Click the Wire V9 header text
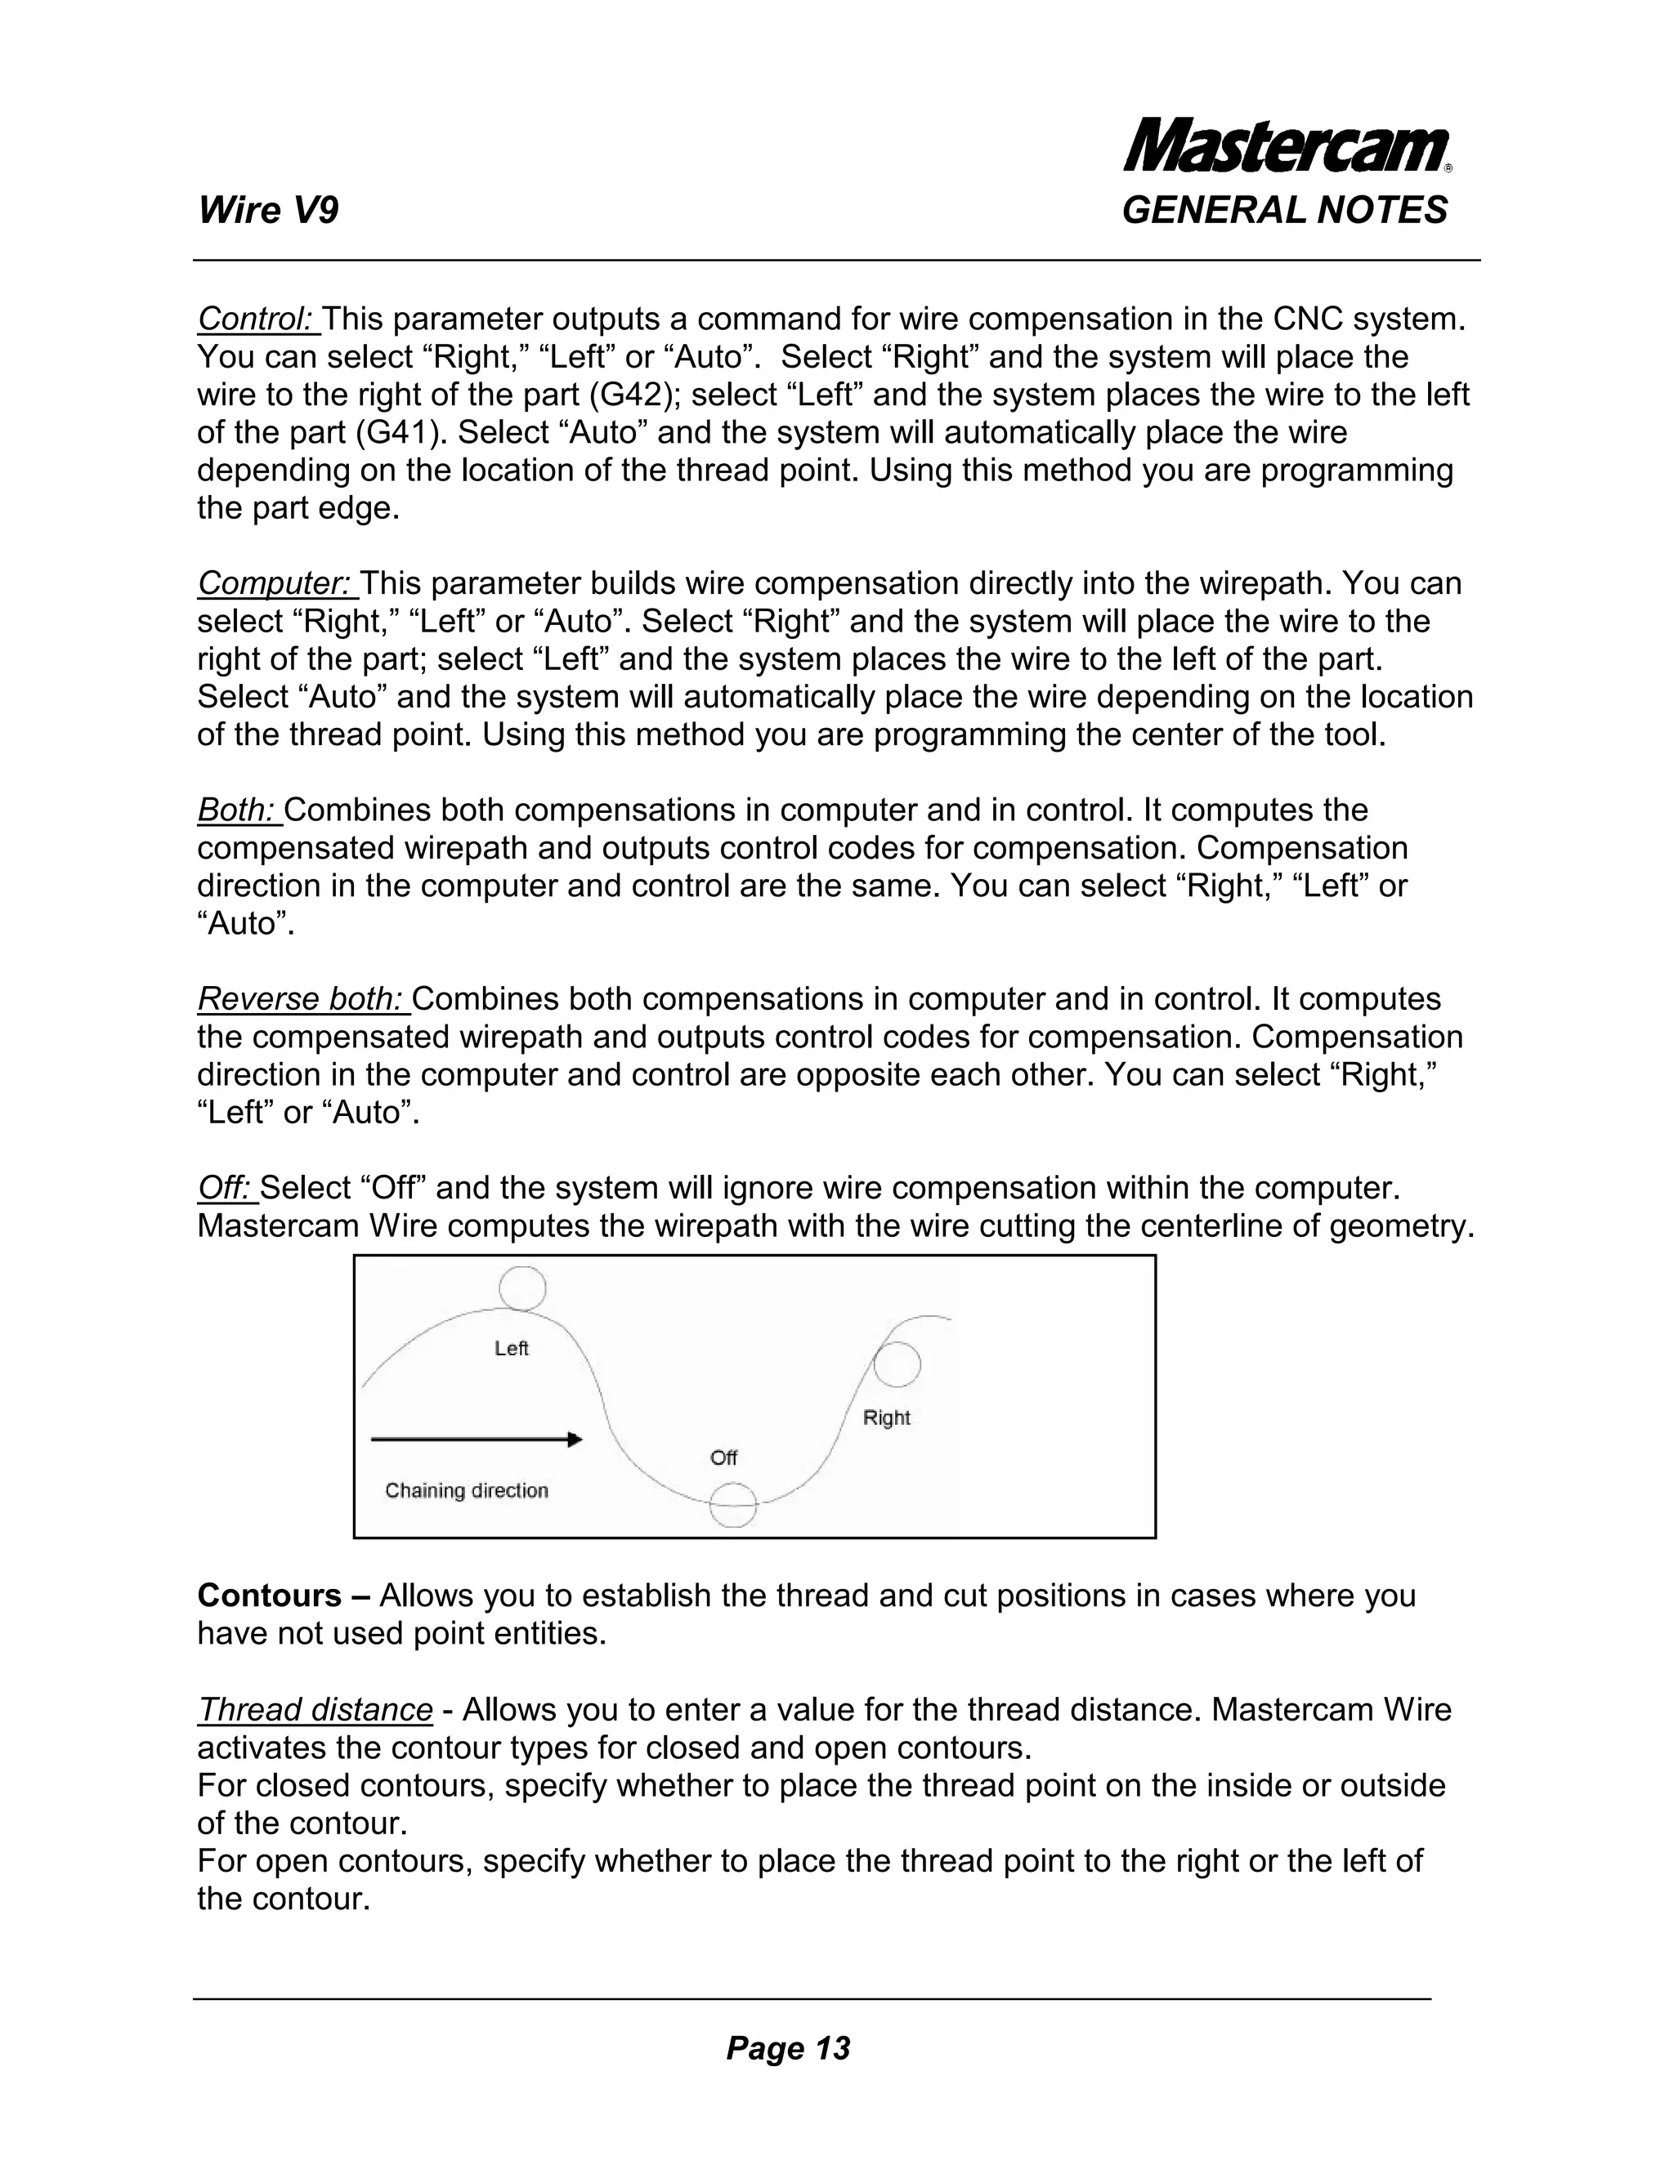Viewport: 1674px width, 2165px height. click(268, 211)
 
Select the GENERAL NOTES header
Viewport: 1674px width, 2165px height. click(1284, 211)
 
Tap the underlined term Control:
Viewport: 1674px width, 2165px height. click(256, 319)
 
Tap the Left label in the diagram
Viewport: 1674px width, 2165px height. click(512, 1348)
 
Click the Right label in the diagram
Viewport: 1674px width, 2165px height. click(885, 1417)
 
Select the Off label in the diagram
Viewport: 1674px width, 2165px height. click(724, 1457)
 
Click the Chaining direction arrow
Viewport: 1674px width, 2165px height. click(475, 1440)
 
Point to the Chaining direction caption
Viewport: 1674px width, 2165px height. click(466, 1491)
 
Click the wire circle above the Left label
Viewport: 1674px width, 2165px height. click(521, 1288)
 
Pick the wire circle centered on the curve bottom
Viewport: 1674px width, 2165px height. click(733, 1506)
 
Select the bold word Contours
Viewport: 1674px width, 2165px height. click(269, 1596)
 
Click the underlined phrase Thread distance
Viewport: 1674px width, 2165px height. click(316, 1710)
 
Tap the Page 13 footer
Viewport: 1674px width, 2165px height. click(789, 2048)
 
